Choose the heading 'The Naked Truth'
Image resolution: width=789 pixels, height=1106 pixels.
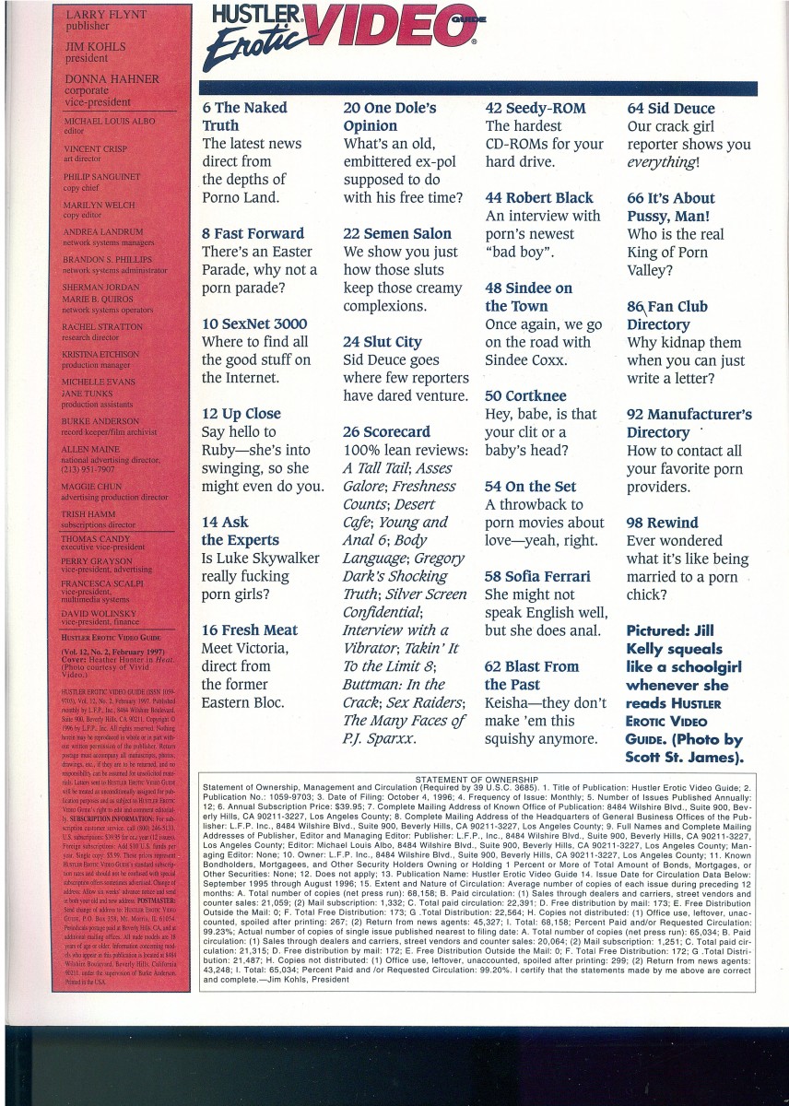click(x=244, y=117)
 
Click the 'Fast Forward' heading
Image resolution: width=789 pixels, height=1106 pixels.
click(x=253, y=233)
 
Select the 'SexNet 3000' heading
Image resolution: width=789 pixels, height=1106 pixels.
click(x=254, y=324)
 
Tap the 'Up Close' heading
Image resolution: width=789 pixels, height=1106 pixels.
click(x=241, y=414)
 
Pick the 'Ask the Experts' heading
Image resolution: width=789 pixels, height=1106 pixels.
click(x=241, y=531)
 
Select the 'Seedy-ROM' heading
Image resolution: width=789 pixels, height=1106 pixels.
click(x=536, y=108)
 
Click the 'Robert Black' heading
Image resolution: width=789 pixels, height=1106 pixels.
click(x=539, y=197)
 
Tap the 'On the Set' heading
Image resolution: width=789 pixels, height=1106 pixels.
click(x=530, y=486)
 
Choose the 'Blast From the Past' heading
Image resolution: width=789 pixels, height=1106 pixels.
click(x=532, y=676)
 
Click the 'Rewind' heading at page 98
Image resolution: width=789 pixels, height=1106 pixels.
click(x=663, y=523)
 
